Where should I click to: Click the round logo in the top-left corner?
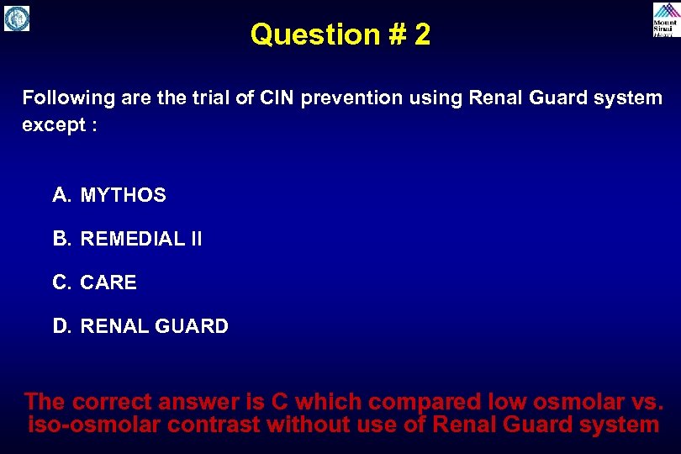[17, 18]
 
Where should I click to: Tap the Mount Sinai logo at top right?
[664, 19]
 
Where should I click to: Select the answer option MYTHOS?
[123, 196]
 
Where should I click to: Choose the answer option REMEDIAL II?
[141, 240]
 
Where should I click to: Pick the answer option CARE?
[108, 283]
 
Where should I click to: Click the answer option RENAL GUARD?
[154, 327]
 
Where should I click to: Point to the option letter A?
[61, 196]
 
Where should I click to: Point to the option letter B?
[61, 240]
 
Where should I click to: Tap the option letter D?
[61, 327]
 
